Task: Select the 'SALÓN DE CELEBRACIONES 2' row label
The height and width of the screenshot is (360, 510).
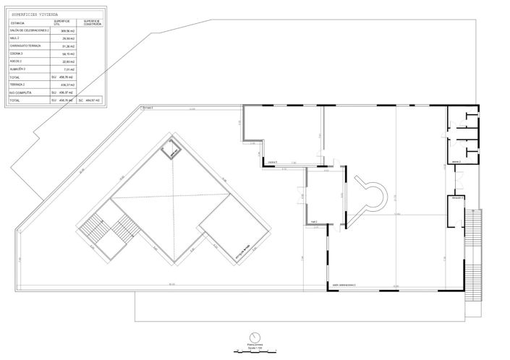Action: [x=30, y=30]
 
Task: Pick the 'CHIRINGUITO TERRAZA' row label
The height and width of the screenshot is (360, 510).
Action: [x=26, y=46]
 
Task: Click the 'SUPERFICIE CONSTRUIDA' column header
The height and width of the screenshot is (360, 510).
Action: [x=91, y=22]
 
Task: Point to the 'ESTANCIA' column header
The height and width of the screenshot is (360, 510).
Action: [x=17, y=22]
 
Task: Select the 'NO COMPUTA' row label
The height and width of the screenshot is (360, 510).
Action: [x=22, y=93]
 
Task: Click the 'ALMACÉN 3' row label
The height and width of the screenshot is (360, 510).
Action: [x=19, y=69]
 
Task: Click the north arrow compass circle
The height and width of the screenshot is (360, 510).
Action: [x=255, y=338]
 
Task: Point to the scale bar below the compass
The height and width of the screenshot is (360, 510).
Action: [x=255, y=351]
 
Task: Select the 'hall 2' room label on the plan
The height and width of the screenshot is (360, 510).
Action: [x=314, y=222]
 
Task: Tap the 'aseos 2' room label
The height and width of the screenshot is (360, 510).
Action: [x=456, y=162]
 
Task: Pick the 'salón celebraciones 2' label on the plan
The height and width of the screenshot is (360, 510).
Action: [x=344, y=286]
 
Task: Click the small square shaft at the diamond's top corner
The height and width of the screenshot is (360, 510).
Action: [x=171, y=150]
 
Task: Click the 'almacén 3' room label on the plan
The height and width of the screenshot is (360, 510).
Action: [x=457, y=197]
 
